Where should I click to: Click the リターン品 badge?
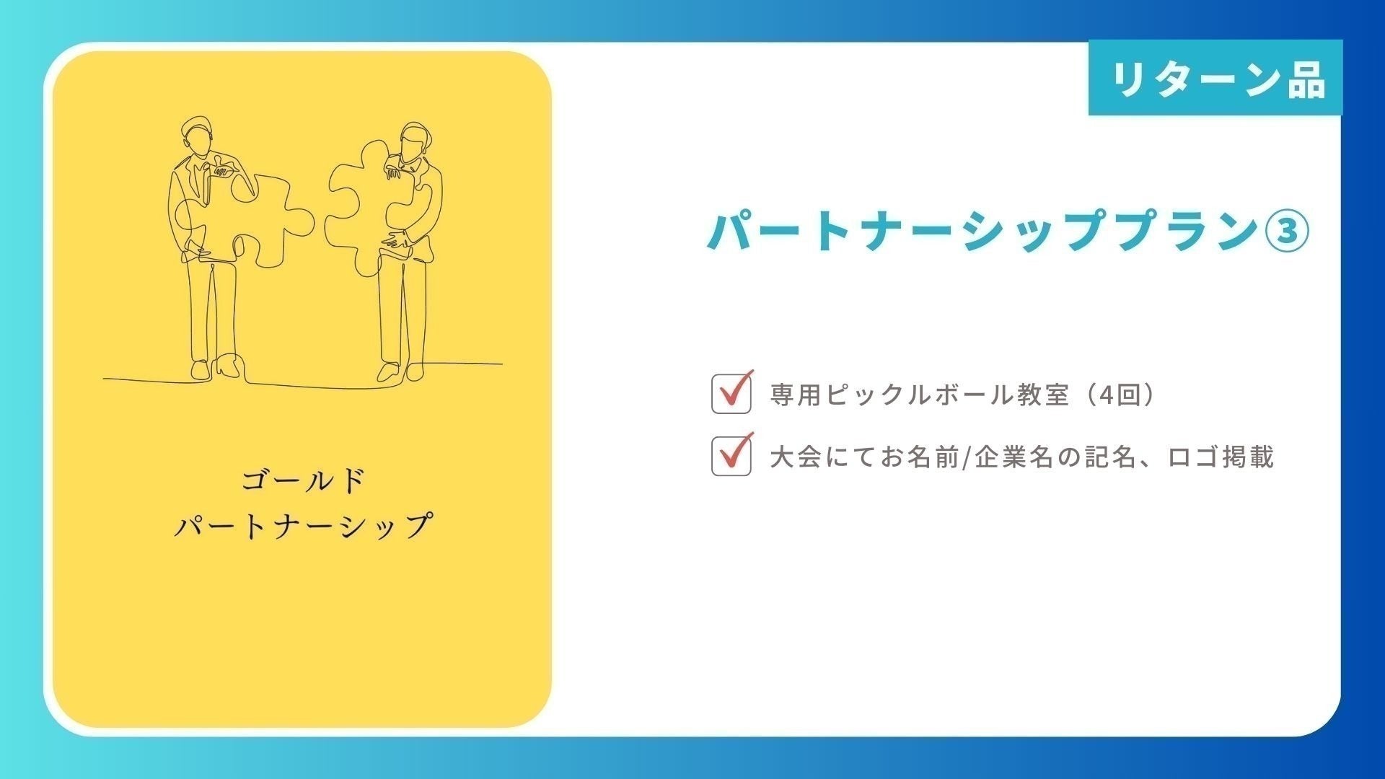1215,77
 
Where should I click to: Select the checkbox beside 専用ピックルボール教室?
731,394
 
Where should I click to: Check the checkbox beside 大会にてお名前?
731,456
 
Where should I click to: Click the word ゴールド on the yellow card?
303,481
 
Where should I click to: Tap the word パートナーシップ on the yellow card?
303,526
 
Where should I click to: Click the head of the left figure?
197,137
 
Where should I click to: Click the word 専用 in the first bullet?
796,395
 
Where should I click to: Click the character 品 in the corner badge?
1306,79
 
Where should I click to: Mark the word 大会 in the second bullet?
796,457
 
